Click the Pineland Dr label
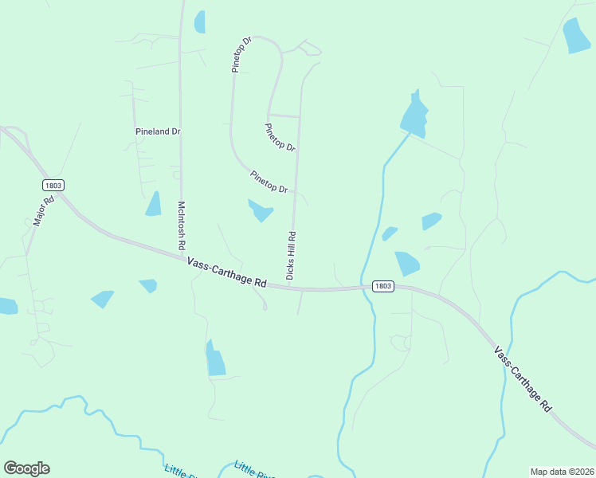(x=158, y=131)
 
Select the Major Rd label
(x=43, y=212)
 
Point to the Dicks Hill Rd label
(x=292, y=256)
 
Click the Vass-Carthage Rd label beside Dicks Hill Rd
(x=227, y=272)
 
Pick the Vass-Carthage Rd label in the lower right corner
(x=522, y=378)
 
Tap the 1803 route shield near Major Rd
(x=53, y=185)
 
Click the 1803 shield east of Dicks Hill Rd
(x=382, y=286)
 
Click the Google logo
(x=26, y=468)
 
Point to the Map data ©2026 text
(x=562, y=472)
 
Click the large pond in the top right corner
(x=576, y=35)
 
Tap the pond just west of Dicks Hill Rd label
(x=261, y=210)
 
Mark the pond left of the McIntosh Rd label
(x=154, y=205)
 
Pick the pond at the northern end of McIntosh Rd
(x=199, y=22)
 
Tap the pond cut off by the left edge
(x=7, y=306)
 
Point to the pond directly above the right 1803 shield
(x=406, y=263)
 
